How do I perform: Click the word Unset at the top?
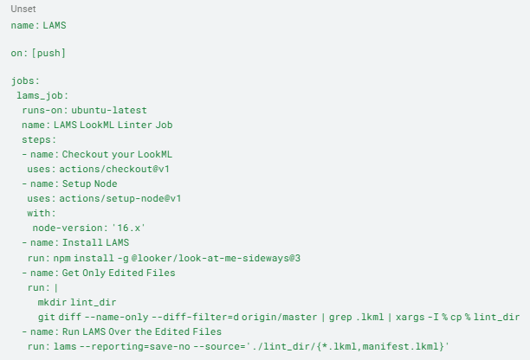tap(23, 9)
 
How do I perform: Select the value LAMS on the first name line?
tap(55, 25)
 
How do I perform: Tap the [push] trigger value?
tap(48, 53)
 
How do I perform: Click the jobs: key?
tap(25, 81)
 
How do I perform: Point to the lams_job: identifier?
tap(42, 95)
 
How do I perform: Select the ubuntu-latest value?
tap(109, 111)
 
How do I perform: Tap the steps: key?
tap(39, 140)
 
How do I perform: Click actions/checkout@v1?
tap(114, 169)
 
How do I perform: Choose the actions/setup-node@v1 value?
tap(120, 198)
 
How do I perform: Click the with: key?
tap(42, 213)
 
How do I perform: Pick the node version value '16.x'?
tap(128, 228)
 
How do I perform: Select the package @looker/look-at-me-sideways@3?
tap(216, 259)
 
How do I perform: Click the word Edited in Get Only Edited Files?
tap(123, 273)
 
